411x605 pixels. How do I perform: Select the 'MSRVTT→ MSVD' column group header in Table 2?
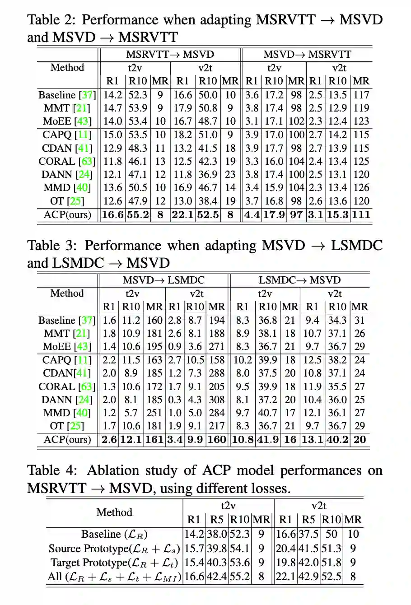(170, 55)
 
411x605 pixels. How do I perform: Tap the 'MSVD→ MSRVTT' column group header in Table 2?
(307, 55)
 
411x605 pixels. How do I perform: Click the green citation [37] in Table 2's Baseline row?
(88, 95)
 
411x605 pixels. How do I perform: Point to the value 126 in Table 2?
(361, 188)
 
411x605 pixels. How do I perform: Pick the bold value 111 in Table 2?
(361, 215)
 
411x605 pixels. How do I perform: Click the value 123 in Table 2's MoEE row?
(361, 121)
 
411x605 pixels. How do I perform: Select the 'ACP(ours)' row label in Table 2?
(67, 215)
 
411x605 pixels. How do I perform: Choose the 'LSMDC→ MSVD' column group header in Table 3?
(299, 280)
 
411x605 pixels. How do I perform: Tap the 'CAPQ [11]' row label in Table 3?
(67, 360)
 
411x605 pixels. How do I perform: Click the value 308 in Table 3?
(217, 400)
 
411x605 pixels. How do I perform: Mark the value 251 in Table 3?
(154, 413)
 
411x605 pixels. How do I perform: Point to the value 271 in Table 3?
(217, 347)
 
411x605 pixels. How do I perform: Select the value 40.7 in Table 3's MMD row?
(267, 413)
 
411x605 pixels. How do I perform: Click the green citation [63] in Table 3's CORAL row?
(87, 387)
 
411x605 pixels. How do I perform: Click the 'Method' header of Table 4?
(114, 512)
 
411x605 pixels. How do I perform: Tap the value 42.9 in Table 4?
(308, 577)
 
